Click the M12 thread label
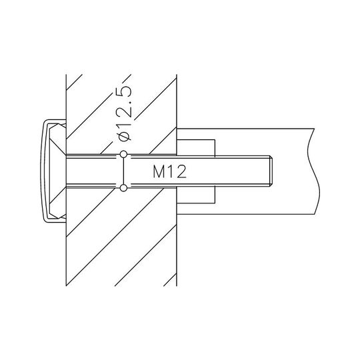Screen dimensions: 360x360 pyautogui.click(x=170, y=172)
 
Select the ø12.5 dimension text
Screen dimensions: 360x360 pyautogui.click(x=124, y=114)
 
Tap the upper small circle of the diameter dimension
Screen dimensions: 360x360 pyautogui.click(x=123, y=154)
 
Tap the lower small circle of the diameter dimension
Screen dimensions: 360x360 pyautogui.click(x=123, y=188)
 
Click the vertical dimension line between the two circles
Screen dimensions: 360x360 pyautogui.click(x=123, y=171)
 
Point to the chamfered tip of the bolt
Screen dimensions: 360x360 pyautogui.click(x=271, y=171)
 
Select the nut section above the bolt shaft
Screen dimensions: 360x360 pyautogui.click(x=196, y=148)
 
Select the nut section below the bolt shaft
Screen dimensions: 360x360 pyautogui.click(x=196, y=195)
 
